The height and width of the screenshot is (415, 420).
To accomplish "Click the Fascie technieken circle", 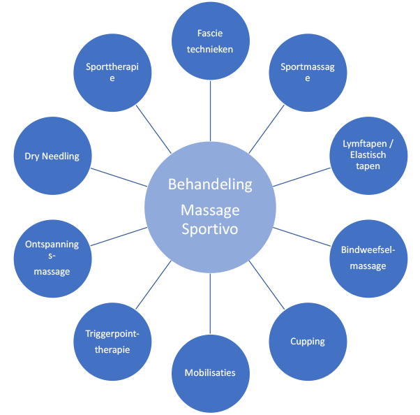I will pyautogui.click(x=210, y=41).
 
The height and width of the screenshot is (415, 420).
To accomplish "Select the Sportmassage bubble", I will pyautogui.click(x=307, y=73).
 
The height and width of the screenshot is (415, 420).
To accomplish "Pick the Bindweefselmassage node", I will pyautogui.click(x=368, y=258).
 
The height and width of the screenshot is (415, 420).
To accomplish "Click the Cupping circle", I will pyautogui.click(x=307, y=341).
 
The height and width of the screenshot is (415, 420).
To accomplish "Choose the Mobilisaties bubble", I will pyautogui.click(x=210, y=373).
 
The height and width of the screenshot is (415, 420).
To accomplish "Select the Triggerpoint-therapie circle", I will pyautogui.click(x=112, y=341).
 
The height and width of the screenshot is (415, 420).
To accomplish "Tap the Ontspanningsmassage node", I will pyautogui.click(x=52, y=258).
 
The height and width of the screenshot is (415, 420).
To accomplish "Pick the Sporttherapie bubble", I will pyautogui.click(x=112, y=73).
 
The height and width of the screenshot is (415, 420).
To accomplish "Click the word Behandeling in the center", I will pyautogui.click(x=210, y=184).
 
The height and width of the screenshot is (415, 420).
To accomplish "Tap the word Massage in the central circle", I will pyautogui.click(x=210, y=210).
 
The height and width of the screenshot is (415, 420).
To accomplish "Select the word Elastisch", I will pyautogui.click(x=368, y=156).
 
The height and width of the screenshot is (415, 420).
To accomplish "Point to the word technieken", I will pyautogui.click(x=210, y=49).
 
